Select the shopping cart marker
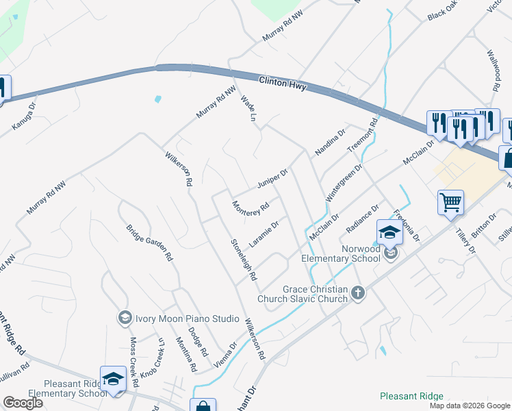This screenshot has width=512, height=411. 450,203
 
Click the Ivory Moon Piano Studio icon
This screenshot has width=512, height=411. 125,318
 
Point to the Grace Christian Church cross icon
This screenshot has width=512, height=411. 357,294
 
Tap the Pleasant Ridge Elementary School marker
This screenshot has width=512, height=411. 113,379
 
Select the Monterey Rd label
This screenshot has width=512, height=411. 250,206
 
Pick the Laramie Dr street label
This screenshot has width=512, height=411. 264,234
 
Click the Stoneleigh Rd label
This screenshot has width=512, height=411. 243,260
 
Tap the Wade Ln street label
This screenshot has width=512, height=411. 248,110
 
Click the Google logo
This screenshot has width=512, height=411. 23,403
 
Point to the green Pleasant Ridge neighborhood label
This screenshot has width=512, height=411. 411,396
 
